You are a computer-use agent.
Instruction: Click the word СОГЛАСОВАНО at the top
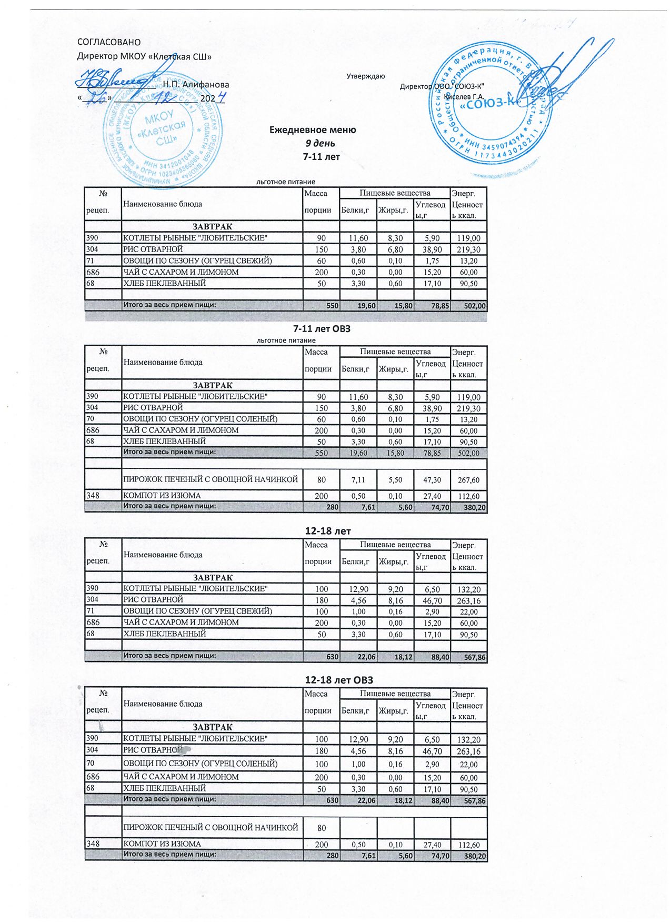pyautogui.click(x=109, y=42)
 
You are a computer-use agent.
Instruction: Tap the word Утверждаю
pyautogui.click(x=365, y=76)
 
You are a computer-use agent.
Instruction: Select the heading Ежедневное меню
pyautogui.click(x=313, y=129)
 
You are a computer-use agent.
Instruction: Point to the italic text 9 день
pyautogui.click(x=321, y=143)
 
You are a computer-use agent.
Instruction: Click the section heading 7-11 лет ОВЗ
pyautogui.click(x=322, y=329)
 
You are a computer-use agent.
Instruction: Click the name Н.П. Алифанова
pyautogui.click(x=196, y=84)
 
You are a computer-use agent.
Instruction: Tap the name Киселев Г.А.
pyautogui.click(x=464, y=96)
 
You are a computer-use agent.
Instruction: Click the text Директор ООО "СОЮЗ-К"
pyautogui.click(x=442, y=86)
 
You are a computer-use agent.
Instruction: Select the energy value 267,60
pyautogui.click(x=468, y=480)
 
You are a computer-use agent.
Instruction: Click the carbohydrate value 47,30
pyautogui.click(x=432, y=480)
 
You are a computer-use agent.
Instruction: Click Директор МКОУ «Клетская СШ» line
pyautogui.click(x=144, y=56)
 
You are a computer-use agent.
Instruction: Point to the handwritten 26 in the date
pyautogui.click(x=96, y=97)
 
